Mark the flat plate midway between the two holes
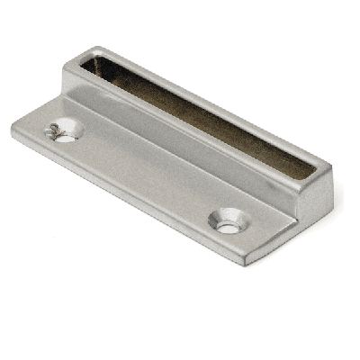[x=144, y=175]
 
